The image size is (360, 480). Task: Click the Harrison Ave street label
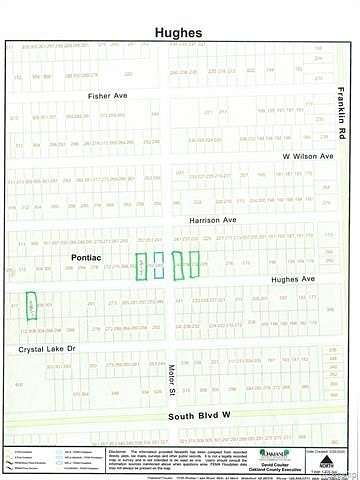pyautogui.click(x=212, y=218)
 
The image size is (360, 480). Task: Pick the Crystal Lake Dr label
pyautogui.click(x=47, y=349)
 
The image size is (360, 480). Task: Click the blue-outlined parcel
pyautogui.click(x=157, y=265)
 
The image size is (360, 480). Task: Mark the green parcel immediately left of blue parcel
pyautogui.click(x=142, y=265)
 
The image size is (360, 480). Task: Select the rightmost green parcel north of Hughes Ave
pyautogui.click(x=194, y=265)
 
